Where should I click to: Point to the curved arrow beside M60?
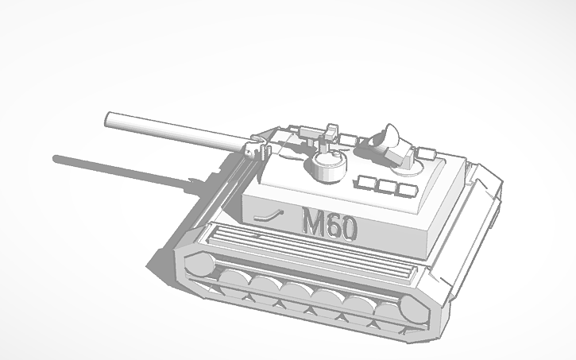[x=269, y=215]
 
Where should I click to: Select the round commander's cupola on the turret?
[x=327, y=165]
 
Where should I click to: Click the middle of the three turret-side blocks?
[x=387, y=188]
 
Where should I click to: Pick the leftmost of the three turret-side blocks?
[x=366, y=183]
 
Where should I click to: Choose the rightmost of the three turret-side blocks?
[x=407, y=191]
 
